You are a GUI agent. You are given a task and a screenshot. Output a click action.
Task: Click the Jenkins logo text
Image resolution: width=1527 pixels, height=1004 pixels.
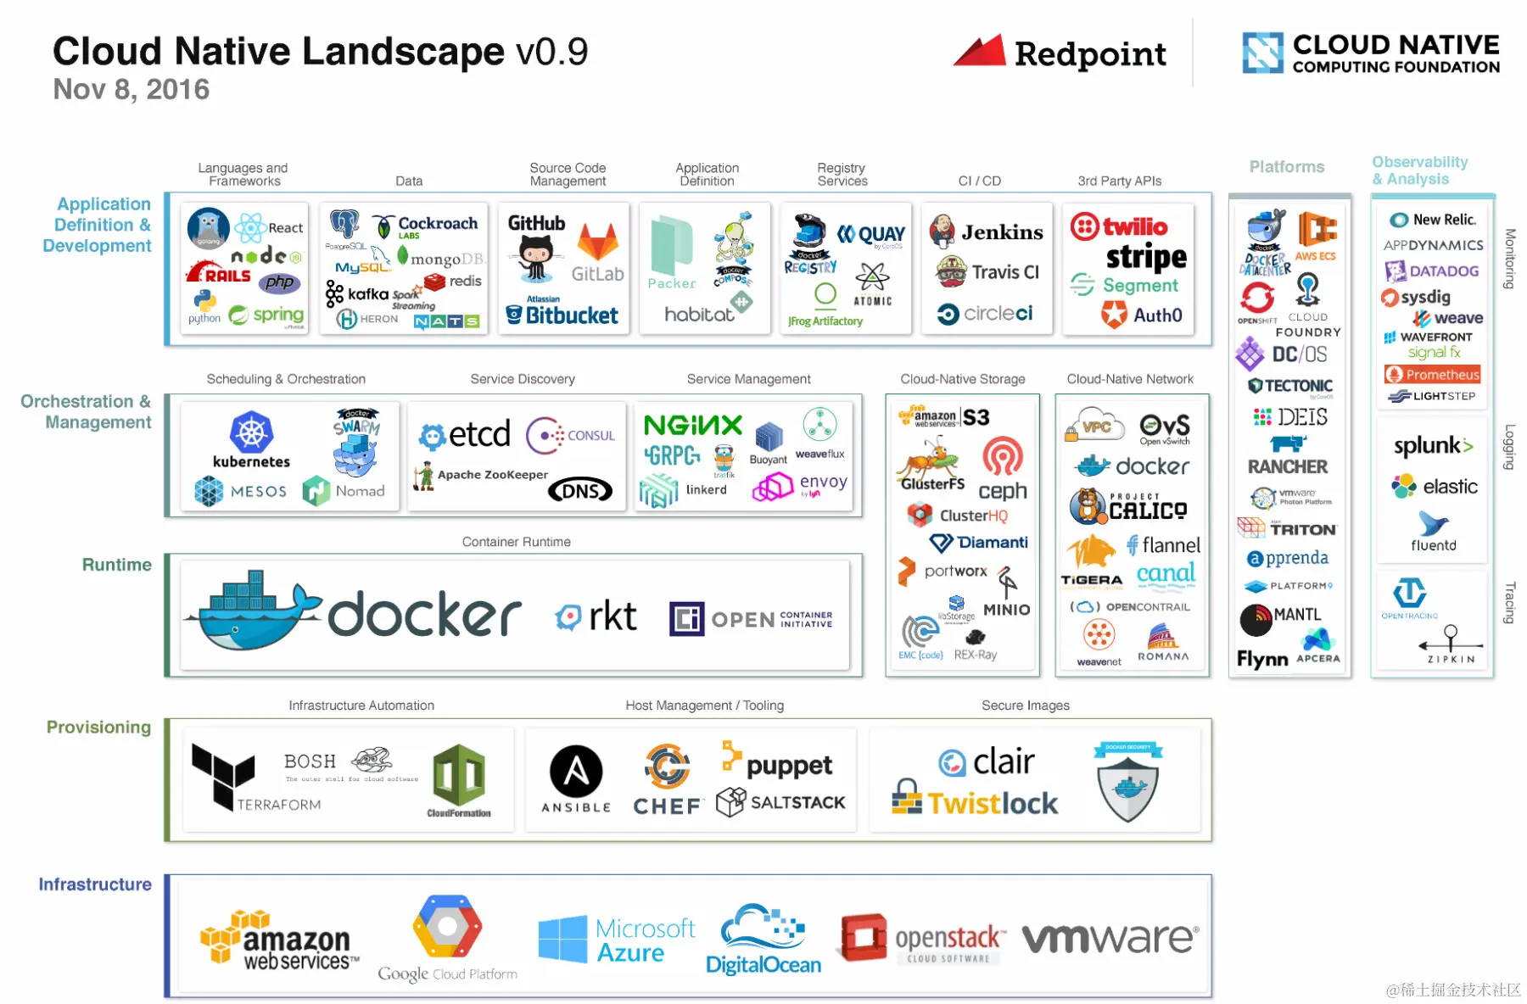pyautogui.click(x=1002, y=232)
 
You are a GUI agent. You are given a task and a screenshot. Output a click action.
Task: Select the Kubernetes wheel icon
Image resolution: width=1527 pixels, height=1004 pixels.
pyautogui.click(x=251, y=432)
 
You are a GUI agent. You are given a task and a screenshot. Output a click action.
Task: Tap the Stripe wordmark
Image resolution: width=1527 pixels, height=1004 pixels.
pyautogui.click(x=1146, y=257)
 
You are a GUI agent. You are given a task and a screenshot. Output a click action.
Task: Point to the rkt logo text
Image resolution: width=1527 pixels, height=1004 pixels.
pyautogui.click(x=612, y=616)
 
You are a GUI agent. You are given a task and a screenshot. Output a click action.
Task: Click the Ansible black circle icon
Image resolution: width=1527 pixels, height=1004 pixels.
pyautogui.click(x=576, y=772)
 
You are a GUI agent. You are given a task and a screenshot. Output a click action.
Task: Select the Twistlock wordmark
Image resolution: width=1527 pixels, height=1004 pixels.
pyautogui.click(x=993, y=803)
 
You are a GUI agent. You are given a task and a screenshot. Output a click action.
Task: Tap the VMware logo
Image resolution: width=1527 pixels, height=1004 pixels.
pyautogui.click(x=1110, y=939)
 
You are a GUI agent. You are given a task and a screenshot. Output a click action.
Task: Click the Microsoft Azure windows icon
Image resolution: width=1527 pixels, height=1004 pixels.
pyautogui.click(x=562, y=939)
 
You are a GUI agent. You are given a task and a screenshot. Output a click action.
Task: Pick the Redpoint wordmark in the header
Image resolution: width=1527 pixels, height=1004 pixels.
pyautogui.click(x=1090, y=54)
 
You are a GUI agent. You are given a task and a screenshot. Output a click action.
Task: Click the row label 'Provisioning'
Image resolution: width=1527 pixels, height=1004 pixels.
pyautogui.click(x=98, y=728)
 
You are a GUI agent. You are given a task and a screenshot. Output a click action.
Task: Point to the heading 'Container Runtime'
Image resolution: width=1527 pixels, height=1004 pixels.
pyautogui.click(x=516, y=542)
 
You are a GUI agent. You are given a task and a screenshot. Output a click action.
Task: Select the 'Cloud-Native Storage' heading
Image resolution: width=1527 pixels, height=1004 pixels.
pyautogui.click(x=962, y=379)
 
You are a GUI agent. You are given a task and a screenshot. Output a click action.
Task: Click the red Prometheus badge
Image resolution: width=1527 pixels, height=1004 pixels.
pyautogui.click(x=1432, y=374)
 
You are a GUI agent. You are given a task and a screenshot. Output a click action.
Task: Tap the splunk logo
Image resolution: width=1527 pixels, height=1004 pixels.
pyautogui.click(x=1433, y=446)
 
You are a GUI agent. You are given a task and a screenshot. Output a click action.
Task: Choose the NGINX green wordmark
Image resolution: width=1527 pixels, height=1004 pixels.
pyautogui.click(x=692, y=425)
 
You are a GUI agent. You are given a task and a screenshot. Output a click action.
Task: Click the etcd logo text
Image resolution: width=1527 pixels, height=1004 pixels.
pyautogui.click(x=479, y=434)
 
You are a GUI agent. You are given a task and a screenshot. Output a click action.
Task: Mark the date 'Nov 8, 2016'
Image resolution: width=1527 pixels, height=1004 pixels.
pyautogui.click(x=131, y=89)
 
